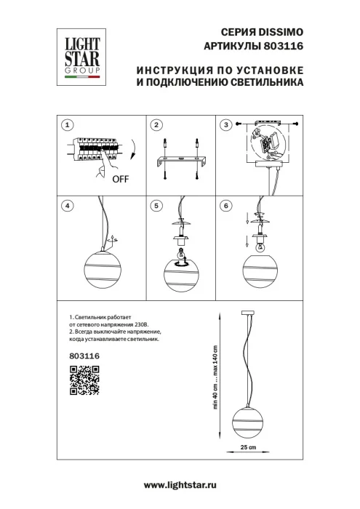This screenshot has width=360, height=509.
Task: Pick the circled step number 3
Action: click(x=226, y=126)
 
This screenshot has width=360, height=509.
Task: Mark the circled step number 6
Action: click(x=226, y=206)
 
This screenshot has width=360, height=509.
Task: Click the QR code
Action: click(x=84, y=381)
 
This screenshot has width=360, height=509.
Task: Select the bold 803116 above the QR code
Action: click(x=84, y=356)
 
